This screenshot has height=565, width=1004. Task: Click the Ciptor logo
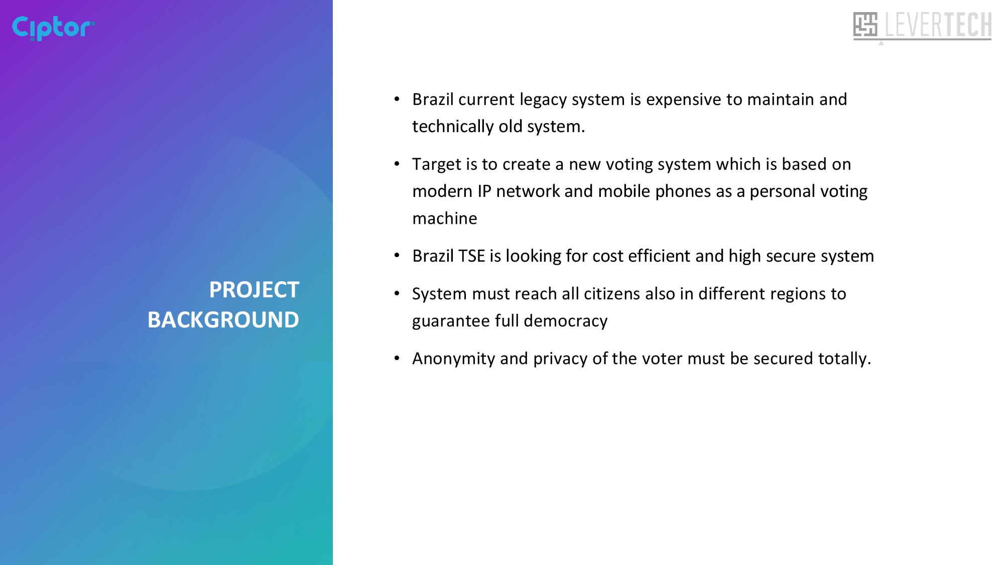53,28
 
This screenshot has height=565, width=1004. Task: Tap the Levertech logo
922,27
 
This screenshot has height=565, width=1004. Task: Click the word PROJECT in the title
254,290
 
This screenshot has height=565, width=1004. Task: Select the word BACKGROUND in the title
223,320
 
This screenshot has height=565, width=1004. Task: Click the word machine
445,218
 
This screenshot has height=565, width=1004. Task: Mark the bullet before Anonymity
397,358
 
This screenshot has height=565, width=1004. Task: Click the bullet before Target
397,164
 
